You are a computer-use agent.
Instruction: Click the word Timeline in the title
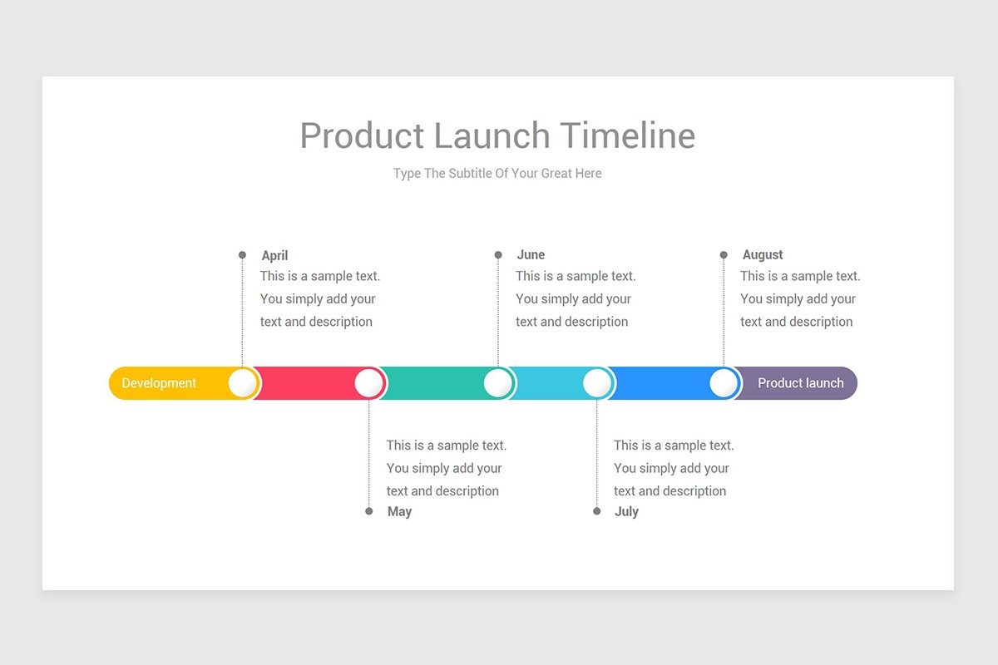click(x=627, y=135)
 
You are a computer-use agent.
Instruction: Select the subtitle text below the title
click(x=497, y=174)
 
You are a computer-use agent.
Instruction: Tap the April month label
click(x=274, y=256)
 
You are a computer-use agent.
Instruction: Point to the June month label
click(x=531, y=255)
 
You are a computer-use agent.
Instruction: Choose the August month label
click(x=763, y=255)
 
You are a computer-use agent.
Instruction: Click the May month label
click(x=399, y=512)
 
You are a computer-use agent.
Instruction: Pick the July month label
click(x=626, y=512)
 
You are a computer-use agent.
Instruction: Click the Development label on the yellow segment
click(x=159, y=383)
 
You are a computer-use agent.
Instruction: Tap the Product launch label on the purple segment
click(x=800, y=383)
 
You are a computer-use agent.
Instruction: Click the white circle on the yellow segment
click(x=243, y=383)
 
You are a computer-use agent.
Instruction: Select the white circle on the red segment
click(x=369, y=383)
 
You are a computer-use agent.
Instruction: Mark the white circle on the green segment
click(x=498, y=383)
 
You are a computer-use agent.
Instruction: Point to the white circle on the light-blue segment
click(x=597, y=383)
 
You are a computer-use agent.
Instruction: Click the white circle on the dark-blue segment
click(x=724, y=383)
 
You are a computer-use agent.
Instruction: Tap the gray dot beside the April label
click(x=242, y=255)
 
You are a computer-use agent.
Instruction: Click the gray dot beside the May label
click(x=369, y=511)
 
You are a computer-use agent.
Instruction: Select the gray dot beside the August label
click(x=724, y=255)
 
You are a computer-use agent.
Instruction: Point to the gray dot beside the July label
click(x=596, y=511)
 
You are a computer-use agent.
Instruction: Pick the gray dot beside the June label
click(x=498, y=255)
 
